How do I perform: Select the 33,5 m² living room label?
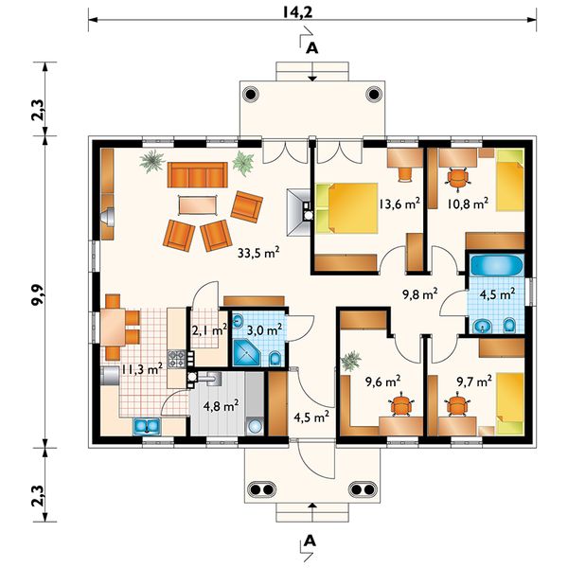(x=258, y=253)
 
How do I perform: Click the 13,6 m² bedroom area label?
(x=399, y=204)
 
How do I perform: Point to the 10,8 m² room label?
(x=468, y=204)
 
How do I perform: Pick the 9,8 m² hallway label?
(x=420, y=294)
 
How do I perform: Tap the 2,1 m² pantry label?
(x=209, y=330)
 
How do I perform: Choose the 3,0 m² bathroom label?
(x=264, y=330)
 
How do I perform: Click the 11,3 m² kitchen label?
(x=142, y=369)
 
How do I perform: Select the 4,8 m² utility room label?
(x=221, y=406)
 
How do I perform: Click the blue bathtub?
(x=497, y=265)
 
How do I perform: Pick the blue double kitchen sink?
(x=147, y=426)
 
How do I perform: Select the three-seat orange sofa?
(x=198, y=174)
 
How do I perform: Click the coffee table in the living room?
(x=198, y=205)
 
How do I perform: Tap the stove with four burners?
(x=176, y=359)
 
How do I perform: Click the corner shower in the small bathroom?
(x=246, y=352)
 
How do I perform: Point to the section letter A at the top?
(x=311, y=48)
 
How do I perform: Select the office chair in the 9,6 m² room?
(x=401, y=405)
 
